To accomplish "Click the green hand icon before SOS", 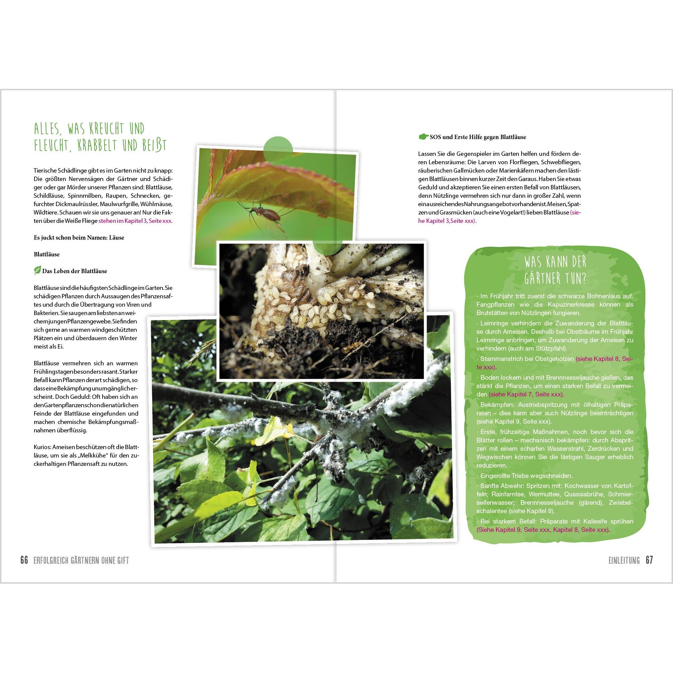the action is tap(423, 136).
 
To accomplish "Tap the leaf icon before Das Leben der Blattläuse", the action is tap(37, 271).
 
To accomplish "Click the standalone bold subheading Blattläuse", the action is tap(47, 254).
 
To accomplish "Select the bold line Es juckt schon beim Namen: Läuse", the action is tap(79, 238).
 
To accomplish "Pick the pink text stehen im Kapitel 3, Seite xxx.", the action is tap(135, 221).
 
